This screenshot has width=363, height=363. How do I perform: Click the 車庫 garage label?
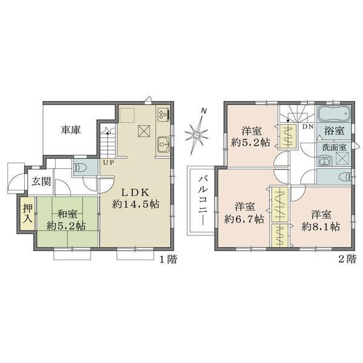click(x=70, y=129)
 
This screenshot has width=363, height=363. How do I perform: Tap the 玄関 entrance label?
click(x=42, y=180)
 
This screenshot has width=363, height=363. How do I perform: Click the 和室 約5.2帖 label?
click(x=67, y=220)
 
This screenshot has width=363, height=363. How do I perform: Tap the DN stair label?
click(x=307, y=127)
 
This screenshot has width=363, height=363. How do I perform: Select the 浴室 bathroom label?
click(x=334, y=130)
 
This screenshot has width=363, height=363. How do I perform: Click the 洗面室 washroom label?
click(x=334, y=147)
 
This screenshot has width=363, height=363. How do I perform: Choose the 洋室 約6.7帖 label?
click(x=244, y=212)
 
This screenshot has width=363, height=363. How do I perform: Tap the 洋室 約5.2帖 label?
click(x=249, y=137)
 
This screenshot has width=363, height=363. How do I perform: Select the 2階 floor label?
click(x=347, y=259)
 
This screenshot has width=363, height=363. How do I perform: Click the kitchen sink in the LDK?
click(x=163, y=145)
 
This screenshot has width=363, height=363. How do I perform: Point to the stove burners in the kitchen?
click(x=163, y=113)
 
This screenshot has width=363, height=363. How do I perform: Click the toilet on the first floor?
click(x=82, y=167)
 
